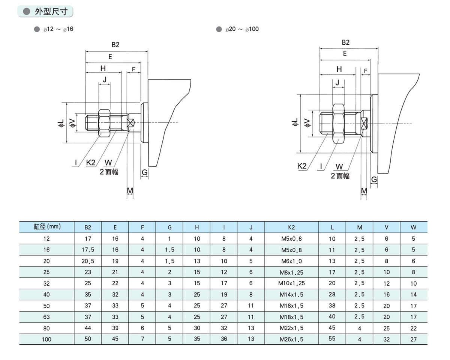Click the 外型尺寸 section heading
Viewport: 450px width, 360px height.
click(x=51, y=12)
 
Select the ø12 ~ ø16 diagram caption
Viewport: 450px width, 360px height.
click(x=58, y=29)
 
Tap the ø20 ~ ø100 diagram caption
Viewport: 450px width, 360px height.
click(x=242, y=29)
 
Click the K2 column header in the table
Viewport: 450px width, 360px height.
click(x=291, y=227)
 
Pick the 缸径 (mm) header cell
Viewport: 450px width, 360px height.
click(x=46, y=227)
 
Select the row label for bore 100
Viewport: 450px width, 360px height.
click(x=46, y=339)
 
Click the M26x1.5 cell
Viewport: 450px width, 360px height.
click(x=291, y=339)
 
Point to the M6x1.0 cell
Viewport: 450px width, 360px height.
click(x=291, y=261)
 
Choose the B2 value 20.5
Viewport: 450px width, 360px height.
click(x=88, y=261)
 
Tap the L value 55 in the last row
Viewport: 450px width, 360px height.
click(x=332, y=339)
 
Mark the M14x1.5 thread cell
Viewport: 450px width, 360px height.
click(x=291, y=295)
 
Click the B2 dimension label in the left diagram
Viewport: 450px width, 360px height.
click(x=115, y=44)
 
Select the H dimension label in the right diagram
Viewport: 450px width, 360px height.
click(x=339, y=69)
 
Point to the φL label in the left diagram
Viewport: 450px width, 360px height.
click(x=61, y=123)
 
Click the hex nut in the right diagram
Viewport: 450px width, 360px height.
click(x=338, y=123)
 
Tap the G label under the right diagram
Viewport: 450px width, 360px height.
click(x=374, y=180)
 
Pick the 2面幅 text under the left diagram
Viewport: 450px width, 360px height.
click(x=109, y=172)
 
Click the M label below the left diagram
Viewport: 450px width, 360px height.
click(x=130, y=190)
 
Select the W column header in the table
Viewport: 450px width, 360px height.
click(x=414, y=227)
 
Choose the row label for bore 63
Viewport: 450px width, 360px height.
click(x=46, y=317)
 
